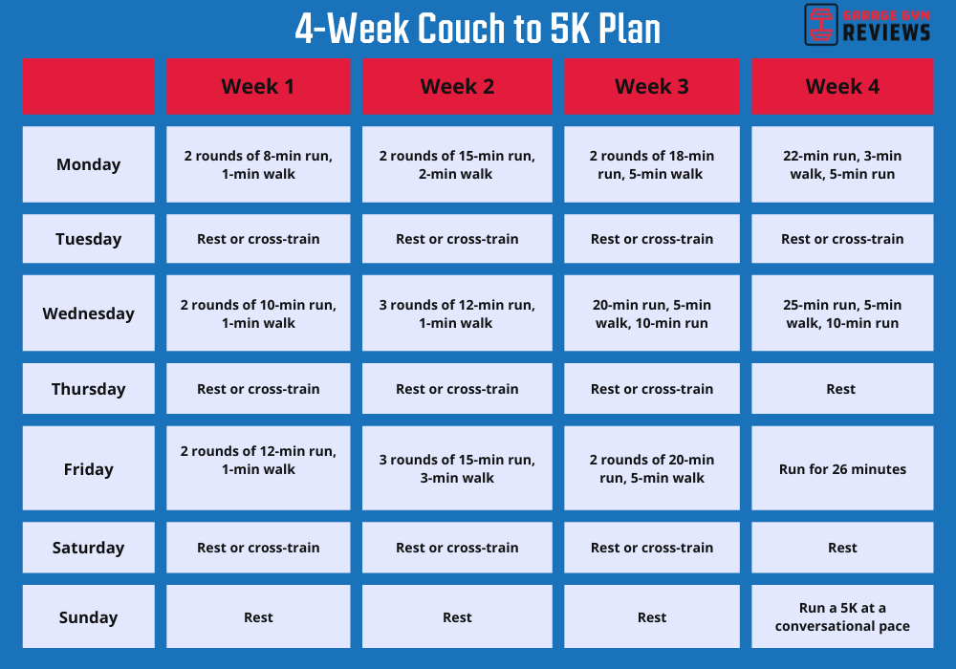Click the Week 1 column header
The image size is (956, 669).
[258, 87]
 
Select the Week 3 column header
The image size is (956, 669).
[652, 87]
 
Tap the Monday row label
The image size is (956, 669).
[88, 164]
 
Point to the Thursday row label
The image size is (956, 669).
[88, 389]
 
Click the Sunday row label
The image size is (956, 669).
[88, 617]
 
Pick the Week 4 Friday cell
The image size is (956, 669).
[842, 469]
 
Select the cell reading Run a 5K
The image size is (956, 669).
[842, 617]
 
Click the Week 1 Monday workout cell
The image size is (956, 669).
[258, 164]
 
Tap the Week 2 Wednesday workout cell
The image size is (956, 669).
[457, 313]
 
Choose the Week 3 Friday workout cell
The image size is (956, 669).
[652, 469]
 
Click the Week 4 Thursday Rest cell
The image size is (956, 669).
[842, 389]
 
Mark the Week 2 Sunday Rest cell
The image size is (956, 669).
[457, 617]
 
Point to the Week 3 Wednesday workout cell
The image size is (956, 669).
[652, 313]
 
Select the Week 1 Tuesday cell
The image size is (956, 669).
[258, 239]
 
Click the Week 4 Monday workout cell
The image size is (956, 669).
[842, 164]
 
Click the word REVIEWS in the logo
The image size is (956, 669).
[886, 33]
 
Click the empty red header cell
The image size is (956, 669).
[88, 87]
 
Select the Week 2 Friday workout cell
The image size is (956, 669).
[457, 469]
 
